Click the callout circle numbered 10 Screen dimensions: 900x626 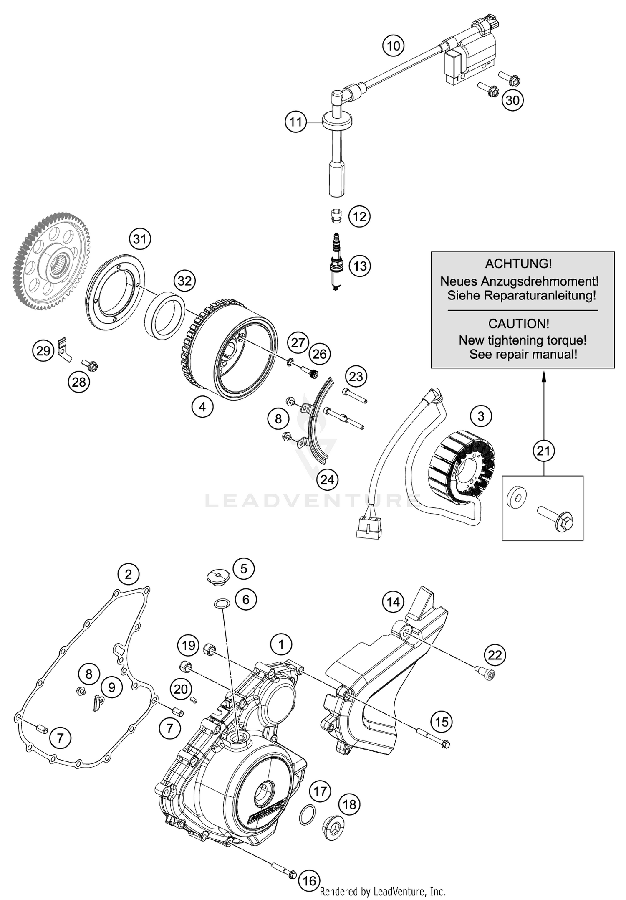[x=393, y=46]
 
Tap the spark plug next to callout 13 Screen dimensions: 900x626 [x=336, y=262]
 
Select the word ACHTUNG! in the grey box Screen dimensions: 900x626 [x=518, y=264]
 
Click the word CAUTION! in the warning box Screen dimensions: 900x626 [x=518, y=324]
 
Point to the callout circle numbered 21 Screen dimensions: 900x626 [x=543, y=451]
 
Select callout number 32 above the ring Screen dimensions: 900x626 [x=184, y=281]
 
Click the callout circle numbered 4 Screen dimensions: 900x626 [x=202, y=406]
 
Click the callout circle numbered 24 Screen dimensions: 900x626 [x=327, y=480]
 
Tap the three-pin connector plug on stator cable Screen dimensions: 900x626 [x=369, y=527]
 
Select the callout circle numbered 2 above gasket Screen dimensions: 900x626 [x=128, y=574]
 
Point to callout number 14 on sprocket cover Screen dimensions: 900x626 [x=393, y=602]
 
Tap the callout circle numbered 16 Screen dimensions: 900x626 [x=309, y=881]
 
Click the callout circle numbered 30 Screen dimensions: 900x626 [x=512, y=100]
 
